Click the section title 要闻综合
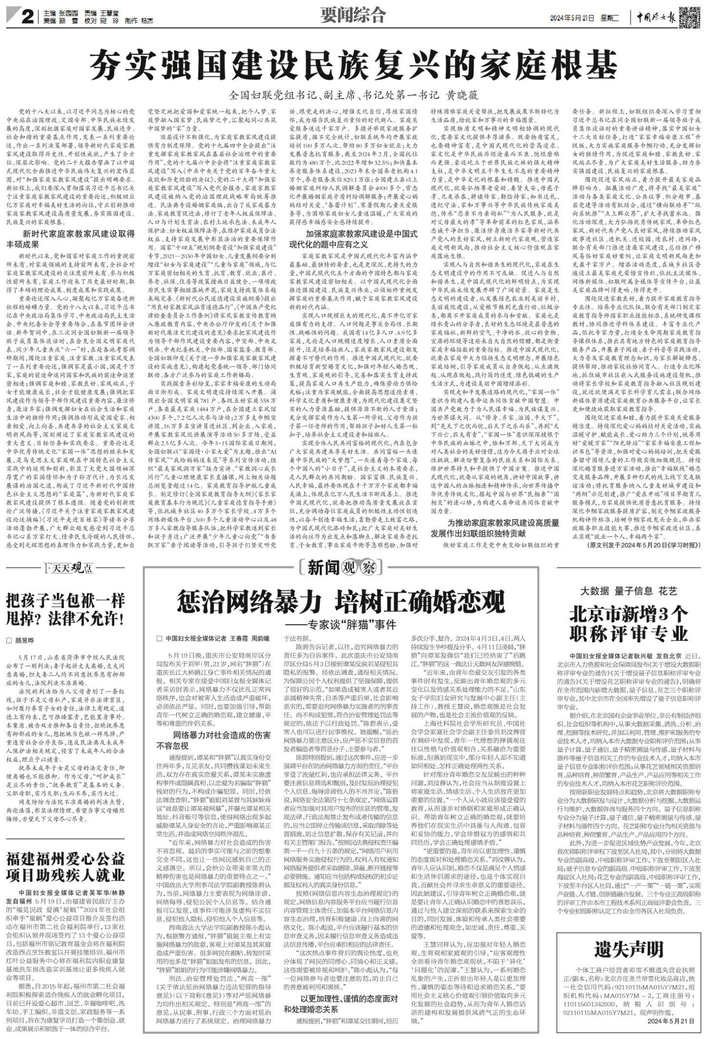click(x=353, y=16)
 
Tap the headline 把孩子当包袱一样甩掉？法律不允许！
click(x=65, y=610)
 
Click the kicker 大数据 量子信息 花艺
click(x=629, y=590)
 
